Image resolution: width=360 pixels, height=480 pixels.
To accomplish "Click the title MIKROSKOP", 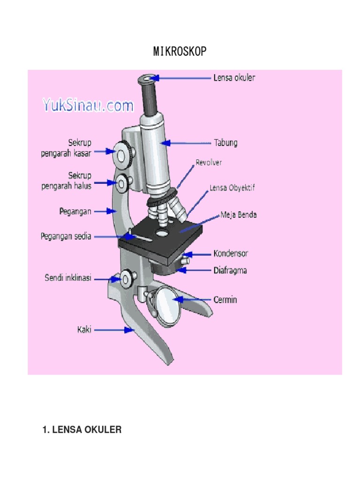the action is [x=180, y=52].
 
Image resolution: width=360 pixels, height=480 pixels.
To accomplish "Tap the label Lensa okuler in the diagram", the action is [x=234, y=78].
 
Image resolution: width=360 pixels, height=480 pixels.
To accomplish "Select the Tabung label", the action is [x=225, y=142].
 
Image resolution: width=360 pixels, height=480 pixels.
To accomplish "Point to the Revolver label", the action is [x=209, y=163].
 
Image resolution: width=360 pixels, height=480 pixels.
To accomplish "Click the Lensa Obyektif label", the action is [x=232, y=187].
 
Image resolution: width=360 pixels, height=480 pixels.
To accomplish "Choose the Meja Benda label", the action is [x=239, y=215].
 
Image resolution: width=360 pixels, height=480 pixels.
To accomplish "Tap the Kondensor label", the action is [x=231, y=254].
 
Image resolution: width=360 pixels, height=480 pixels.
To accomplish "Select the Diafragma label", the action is [x=230, y=270].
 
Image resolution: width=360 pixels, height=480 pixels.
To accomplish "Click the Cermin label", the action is [x=225, y=300].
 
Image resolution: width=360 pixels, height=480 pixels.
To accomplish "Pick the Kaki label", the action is [x=84, y=330].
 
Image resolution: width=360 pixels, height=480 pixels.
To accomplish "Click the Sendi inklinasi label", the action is [x=68, y=277].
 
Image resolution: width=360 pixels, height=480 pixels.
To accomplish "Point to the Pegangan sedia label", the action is [x=66, y=236].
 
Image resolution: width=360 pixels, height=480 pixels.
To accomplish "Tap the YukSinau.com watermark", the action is [x=88, y=105].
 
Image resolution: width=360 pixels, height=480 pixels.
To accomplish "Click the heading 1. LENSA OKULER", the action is [x=82, y=429].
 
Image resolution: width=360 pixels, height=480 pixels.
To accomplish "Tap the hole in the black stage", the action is [x=162, y=233].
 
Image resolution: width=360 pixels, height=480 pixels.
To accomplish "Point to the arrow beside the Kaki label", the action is [x=114, y=330].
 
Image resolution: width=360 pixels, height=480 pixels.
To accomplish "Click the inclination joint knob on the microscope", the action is [x=127, y=278].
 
